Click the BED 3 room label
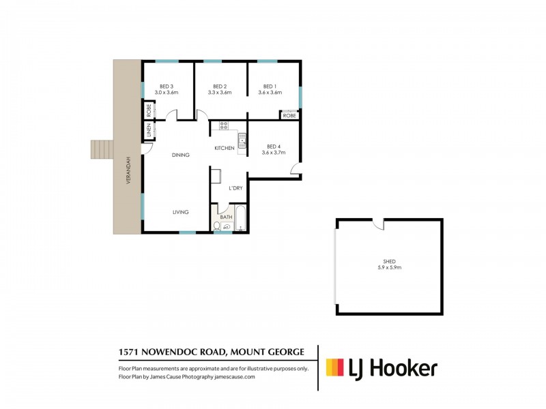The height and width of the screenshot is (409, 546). [166, 86]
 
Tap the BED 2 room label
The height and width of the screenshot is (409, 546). [220, 86]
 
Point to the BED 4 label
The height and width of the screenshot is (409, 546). [273, 147]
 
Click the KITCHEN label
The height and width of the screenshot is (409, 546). [225, 148]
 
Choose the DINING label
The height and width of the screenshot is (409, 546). [180, 155]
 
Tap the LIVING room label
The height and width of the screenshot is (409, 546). [180, 212]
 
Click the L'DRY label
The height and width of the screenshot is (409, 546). [235, 187]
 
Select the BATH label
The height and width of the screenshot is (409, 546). [226, 217]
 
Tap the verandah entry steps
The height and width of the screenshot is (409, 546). [102, 149]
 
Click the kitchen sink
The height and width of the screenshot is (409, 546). [240, 141]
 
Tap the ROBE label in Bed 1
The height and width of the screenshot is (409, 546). [289, 116]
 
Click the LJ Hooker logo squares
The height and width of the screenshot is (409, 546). [334, 368]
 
